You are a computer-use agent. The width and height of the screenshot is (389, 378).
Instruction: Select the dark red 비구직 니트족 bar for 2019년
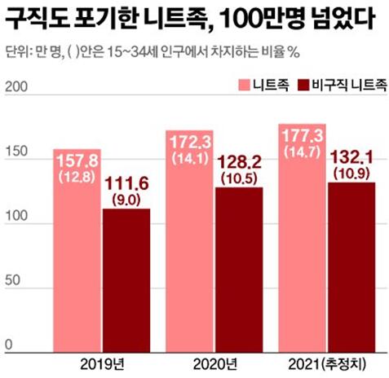tap(126, 281)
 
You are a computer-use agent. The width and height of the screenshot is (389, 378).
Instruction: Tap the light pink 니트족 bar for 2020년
tap(190, 253)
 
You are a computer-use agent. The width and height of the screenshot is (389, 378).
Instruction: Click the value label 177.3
tap(303, 134)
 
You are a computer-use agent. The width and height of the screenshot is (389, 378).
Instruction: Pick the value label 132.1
tap(351, 156)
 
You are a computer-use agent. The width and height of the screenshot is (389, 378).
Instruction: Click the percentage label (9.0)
tap(126, 200)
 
